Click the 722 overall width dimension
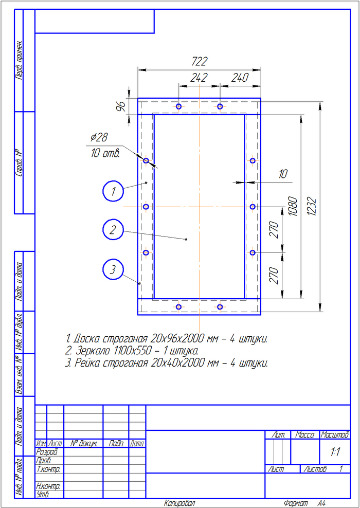click(199, 62)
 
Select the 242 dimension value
click(199, 78)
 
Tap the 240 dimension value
click(240, 78)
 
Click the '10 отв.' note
click(105, 153)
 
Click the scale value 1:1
click(336, 452)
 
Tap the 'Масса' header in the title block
click(305, 435)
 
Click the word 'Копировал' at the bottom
click(179, 503)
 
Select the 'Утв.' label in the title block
click(43, 495)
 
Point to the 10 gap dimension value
click(283, 174)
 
